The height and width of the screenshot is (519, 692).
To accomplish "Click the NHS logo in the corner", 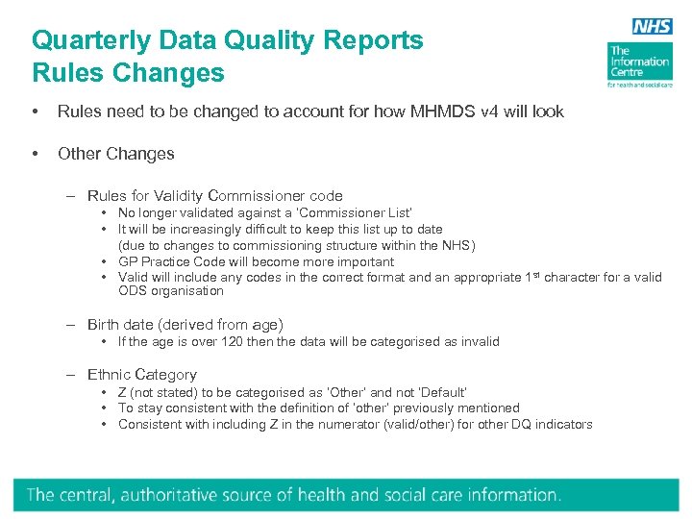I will [x=653, y=27].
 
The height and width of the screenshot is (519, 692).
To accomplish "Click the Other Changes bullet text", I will [x=116, y=154].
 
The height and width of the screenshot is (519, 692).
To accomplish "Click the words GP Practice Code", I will [x=172, y=261].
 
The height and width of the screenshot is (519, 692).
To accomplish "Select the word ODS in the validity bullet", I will [x=132, y=291].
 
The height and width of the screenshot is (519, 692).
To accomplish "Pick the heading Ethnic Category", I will [x=142, y=375].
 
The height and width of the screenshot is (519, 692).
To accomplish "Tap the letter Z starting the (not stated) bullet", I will [x=122, y=392].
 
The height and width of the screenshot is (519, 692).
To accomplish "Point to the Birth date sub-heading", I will [x=185, y=325].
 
